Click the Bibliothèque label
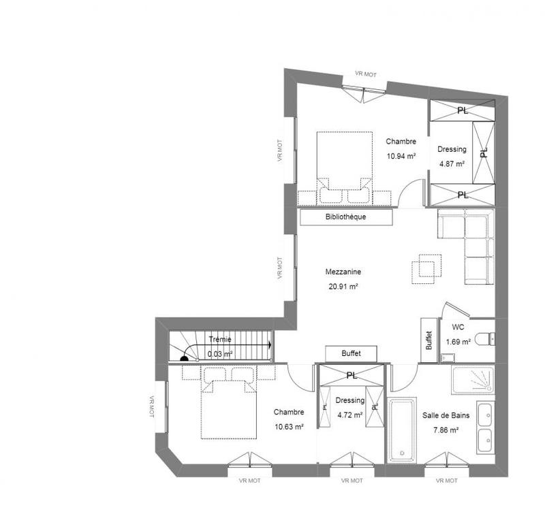click(347, 217)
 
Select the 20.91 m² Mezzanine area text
click(343, 287)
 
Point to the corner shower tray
click(472, 381)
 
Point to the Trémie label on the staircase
click(219, 339)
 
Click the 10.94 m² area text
click(401, 155)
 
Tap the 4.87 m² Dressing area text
click(452, 164)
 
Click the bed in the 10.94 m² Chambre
click(343, 167)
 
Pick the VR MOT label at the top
click(365, 74)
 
